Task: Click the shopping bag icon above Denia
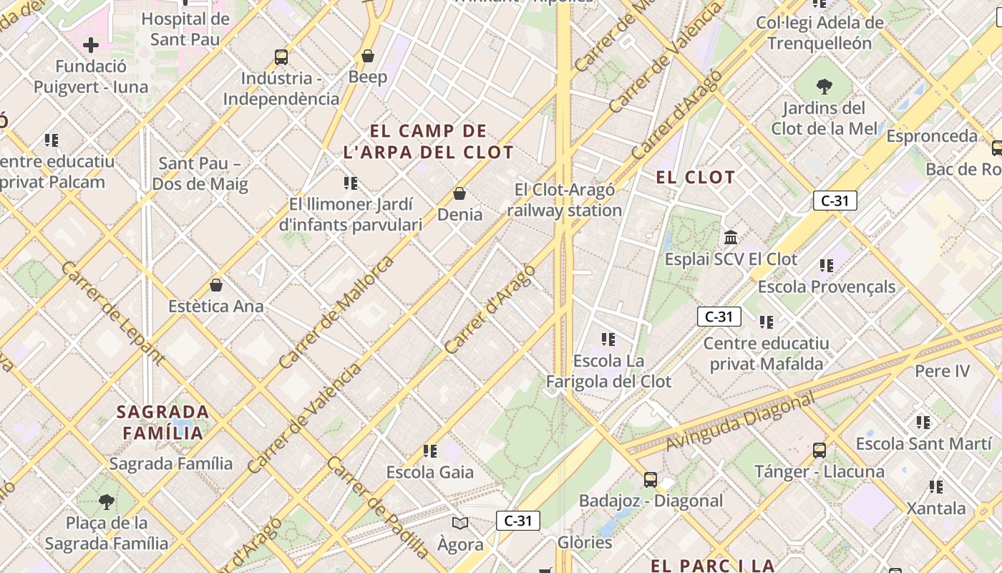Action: pyautogui.click(x=459, y=193)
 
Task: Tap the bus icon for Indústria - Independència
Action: pyautogui.click(x=281, y=57)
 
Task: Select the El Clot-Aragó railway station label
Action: pyautogui.click(x=565, y=201)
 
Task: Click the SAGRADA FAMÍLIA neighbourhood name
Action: pyautogui.click(x=163, y=423)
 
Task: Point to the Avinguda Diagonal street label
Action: pyautogui.click(x=740, y=423)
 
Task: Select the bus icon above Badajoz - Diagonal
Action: pyautogui.click(x=650, y=479)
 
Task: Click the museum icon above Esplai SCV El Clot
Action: pyautogui.click(x=731, y=237)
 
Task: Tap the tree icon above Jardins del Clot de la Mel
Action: pyautogui.click(x=824, y=87)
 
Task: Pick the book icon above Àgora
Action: pyautogui.click(x=460, y=523)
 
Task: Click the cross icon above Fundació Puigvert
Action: pyautogui.click(x=91, y=46)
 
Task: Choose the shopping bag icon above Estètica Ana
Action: pyautogui.click(x=216, y=285)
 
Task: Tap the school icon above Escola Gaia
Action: pyautogui.click(x=429, y=451)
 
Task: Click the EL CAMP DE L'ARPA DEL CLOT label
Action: pyautogui.click(x=428, y=142)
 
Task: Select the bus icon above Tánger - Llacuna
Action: pyautogui.click(x=819, y=451)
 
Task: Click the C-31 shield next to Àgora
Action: pyautogui.click(x=517, y=521)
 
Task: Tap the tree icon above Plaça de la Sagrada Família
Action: pyautogui.click(x=107, y=501)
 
